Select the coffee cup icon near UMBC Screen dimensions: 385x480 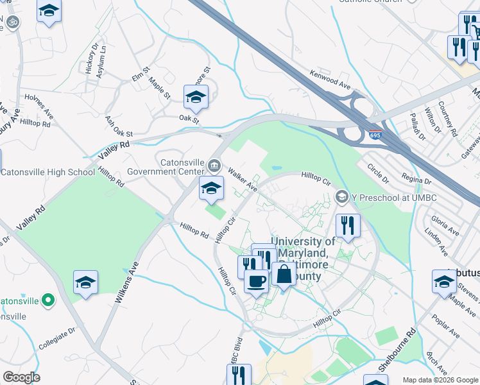(x=257, y=281)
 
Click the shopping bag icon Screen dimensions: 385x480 (x=284, y=274)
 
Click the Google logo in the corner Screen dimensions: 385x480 (x=21, y=377)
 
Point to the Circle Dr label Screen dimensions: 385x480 (x=378, y=171)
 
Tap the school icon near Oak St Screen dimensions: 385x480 (x=196, y=97)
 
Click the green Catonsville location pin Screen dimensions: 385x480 (x=47, y=300)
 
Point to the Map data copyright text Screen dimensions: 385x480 (x=440, y=380)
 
